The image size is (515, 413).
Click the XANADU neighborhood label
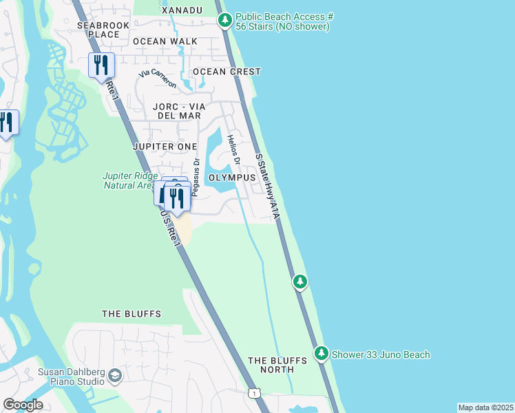pos(182,10)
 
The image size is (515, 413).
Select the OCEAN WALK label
pos(165,41)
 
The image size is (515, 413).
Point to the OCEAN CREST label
pos(227,72)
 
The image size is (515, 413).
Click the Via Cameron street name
pos(158,79)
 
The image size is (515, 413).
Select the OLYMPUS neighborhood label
pos(232,177)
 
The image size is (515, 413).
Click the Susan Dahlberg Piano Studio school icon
pos(115,376)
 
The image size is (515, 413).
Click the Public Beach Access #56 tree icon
pos(225,20)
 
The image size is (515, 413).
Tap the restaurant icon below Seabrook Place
pos(101,65)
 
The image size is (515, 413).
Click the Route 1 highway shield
pos(255,393)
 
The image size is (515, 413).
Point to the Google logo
pos(23,405)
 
